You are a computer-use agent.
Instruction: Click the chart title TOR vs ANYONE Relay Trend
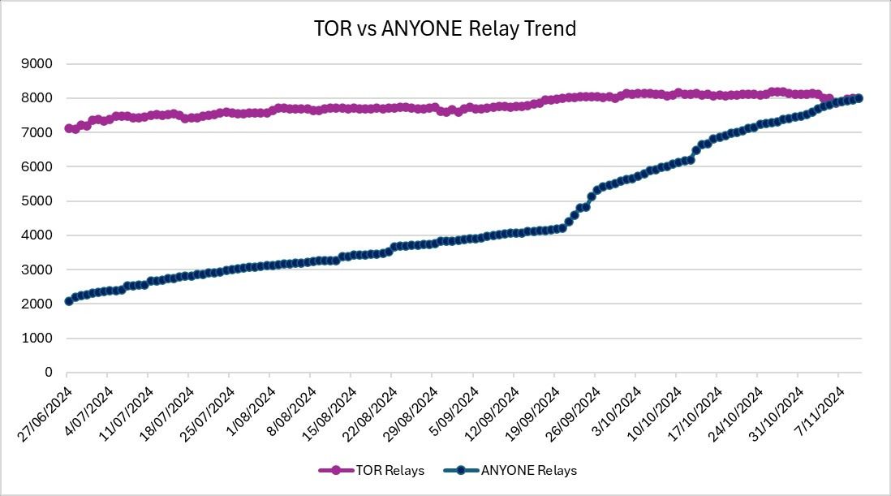coord(445,28)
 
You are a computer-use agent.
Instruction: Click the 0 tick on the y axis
coord(49,373)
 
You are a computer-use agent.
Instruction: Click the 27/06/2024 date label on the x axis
coord(45,414)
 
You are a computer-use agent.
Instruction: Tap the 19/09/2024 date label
coord(532,414)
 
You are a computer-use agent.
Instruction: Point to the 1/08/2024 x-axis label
coord(252,411)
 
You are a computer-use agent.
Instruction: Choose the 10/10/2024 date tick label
coord(654,414)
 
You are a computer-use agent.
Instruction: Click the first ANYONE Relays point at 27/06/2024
coord(68,301)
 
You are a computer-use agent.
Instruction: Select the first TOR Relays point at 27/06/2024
coord(68,128)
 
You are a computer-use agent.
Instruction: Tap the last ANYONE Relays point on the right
coord(859,98)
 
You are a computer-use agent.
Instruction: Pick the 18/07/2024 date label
coord(167,414)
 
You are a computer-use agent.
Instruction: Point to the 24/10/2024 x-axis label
coord(735,414)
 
